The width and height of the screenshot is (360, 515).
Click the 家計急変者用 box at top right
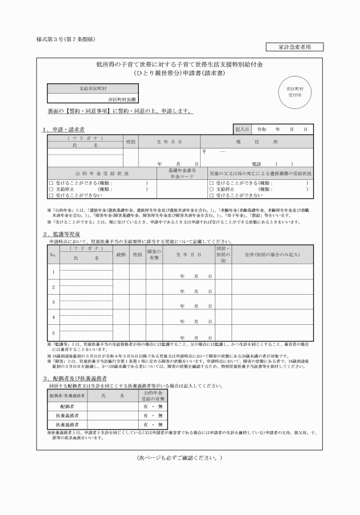tap(294, 47)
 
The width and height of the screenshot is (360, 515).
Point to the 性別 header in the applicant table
tap(130, 140)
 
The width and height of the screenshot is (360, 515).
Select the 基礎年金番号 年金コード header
tap(182, 173)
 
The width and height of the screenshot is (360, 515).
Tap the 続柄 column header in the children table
tap(121, 255)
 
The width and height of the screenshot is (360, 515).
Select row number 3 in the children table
tap(53, 302)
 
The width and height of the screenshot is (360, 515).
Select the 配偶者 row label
tap(67, 405)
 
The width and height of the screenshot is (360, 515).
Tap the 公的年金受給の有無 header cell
tap(153, 395)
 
